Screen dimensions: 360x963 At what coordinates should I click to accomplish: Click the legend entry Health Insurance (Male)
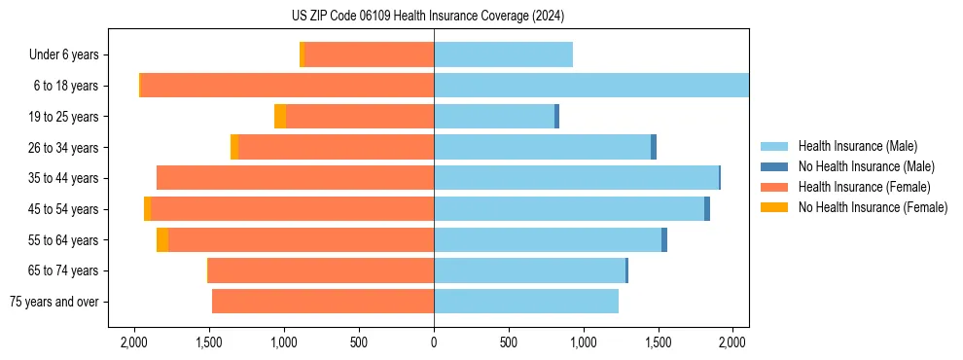pyautogui.click(x=857, y=146)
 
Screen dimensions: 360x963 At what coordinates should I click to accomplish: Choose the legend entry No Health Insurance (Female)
pyautogui.click(x=873, y=207)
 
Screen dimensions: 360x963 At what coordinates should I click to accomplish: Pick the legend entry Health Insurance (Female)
pyautogui.click(x=864, y=187)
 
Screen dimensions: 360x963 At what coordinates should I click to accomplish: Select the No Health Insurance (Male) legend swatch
pyautogui.click(x=774, y=166)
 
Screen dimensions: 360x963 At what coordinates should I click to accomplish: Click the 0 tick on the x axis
pyautogui.click(x=434, y=342)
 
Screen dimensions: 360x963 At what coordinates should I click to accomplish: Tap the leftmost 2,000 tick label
pyautogui.click(x=133, y=342)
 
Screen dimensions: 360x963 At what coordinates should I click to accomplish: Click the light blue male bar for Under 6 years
pyautogui.click(x=503, y=54)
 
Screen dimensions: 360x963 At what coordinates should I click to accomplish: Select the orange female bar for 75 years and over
pyautogui.click(x=323, y=302)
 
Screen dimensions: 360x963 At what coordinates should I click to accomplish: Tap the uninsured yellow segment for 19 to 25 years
pyautogui.click(x=280, y=117)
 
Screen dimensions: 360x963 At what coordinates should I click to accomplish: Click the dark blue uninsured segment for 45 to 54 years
pyautogui.click(x=707, y=209)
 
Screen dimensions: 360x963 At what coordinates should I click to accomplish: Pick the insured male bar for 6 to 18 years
pyautogui.click(x=591, y=86)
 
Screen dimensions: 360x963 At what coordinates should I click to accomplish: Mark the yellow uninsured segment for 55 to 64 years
pyautogui.click(x=162, y=240)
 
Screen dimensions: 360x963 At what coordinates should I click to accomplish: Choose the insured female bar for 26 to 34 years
pyautogui.click(x=336, y=147)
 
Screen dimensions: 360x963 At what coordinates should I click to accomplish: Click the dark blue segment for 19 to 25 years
pyautogui.click(x=556, y=117)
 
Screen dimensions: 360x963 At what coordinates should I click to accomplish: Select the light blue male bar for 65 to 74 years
pyautogui.click(x=529, y=270)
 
